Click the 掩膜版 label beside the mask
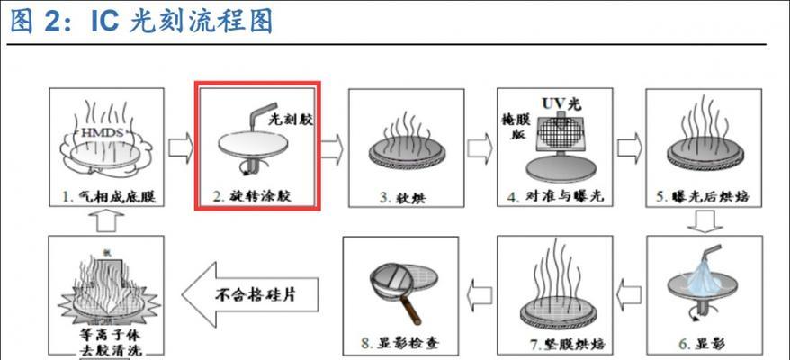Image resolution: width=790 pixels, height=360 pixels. pyautogui.click(x=516, y=125)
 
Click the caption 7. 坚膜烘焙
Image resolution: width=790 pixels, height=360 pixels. pyautogui.click(x=553, y=342)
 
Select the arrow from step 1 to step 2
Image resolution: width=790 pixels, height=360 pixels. pyautogui.click(x=181, y=144)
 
